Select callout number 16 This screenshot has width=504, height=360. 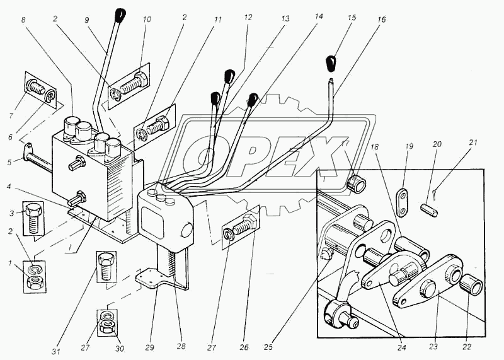point(382,20)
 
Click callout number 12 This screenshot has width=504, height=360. point(248,17)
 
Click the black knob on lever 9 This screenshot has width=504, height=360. point(122,15)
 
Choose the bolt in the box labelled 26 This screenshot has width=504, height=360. point(241,226)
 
